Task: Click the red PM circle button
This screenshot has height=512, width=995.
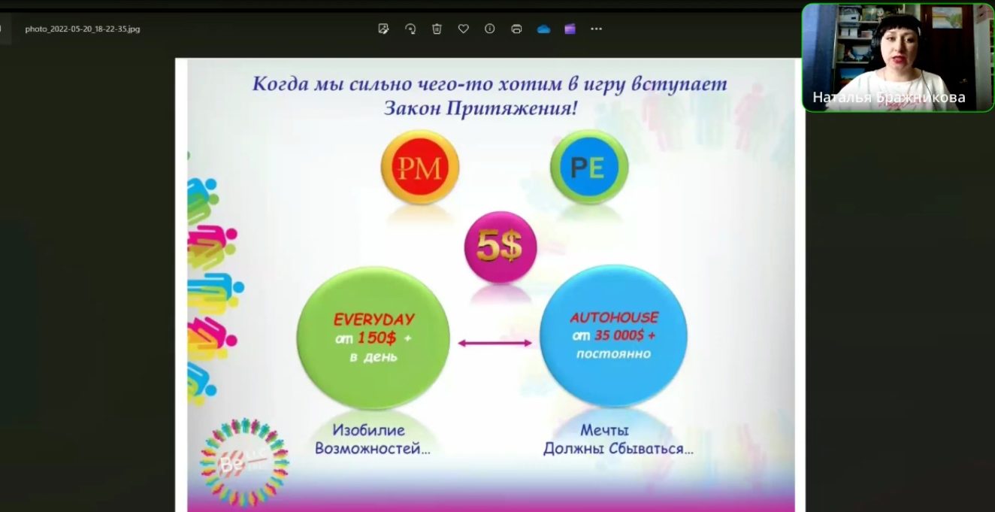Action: click(x=419, y=167)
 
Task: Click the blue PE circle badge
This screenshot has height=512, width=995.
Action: click(x=588, y=167)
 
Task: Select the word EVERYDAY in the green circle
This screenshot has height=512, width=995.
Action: click(x=374, y=319)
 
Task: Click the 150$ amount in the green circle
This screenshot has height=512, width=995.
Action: click(x=377, y=338)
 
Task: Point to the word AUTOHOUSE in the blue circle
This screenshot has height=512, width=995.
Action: click(x=613, y=317)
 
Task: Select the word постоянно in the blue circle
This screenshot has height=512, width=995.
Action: click(x=613, y=353)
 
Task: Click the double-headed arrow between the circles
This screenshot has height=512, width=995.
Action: click(x=494, y=343)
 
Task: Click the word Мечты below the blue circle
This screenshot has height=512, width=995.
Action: click(x=604, y=431)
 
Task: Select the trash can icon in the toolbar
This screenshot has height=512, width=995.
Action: click(x=437, y=29)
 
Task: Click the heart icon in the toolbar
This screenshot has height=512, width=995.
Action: click(x=463, y=29)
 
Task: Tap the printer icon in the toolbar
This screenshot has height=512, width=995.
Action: click(x=516, y=29)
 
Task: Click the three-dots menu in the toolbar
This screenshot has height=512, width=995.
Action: click(x=596, y=29)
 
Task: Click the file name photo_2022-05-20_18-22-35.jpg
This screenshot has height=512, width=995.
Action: click(x=82, y=29)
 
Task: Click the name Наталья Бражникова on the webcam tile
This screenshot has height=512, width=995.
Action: click(x=888, y=98)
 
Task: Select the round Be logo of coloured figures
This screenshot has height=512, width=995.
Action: click(x=244, y=461)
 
